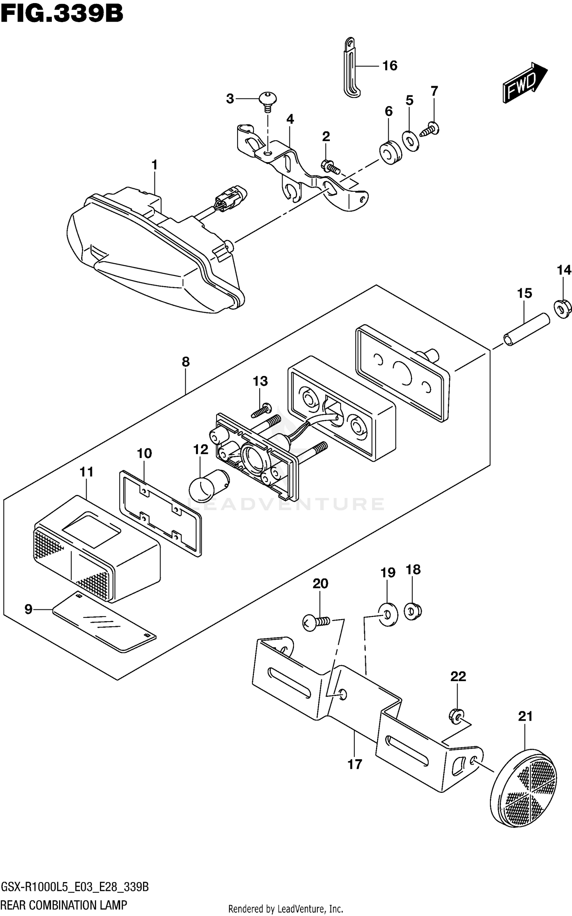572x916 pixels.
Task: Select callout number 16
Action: click(x=390, y=66)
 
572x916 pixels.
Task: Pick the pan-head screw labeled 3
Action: click(x=268, y=101)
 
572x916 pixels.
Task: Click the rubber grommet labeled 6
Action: click(x=390, y=152)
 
